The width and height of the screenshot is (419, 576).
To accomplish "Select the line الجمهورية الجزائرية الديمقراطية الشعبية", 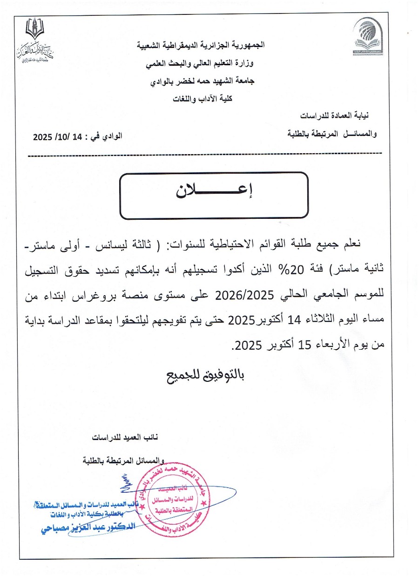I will (200, 46).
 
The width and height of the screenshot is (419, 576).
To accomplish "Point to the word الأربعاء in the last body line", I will (325, 346).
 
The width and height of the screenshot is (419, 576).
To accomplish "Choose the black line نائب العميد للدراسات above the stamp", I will (125, 438).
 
